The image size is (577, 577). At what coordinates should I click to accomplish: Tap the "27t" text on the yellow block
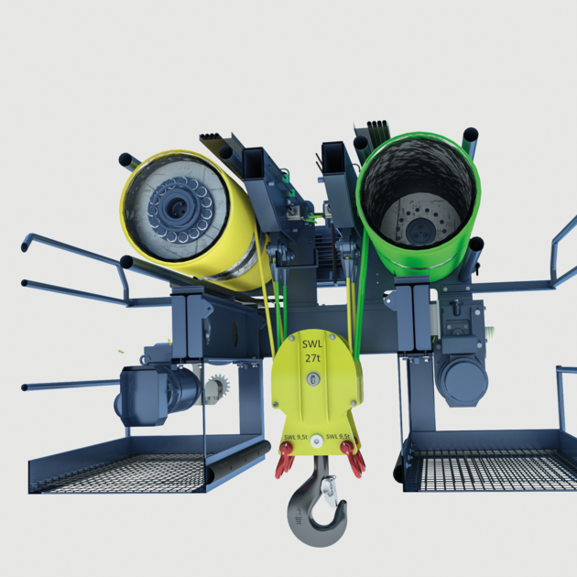point(313,359)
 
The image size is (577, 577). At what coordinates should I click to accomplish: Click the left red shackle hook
point(285,461)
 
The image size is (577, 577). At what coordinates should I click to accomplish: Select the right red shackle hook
point(353,459)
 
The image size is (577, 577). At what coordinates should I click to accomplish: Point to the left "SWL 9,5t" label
point(295,437)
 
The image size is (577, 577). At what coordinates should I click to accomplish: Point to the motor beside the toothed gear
point(151,393)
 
